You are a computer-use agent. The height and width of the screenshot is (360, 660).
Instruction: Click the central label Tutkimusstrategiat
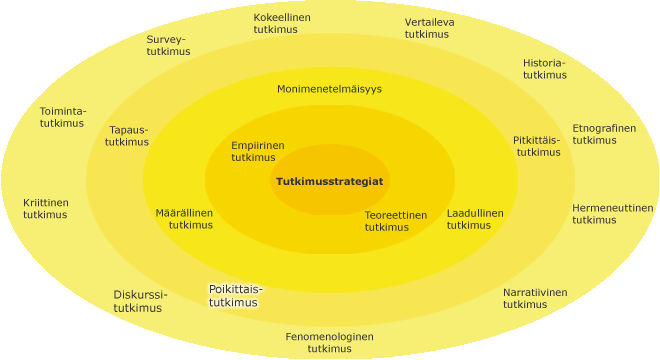[330, 181]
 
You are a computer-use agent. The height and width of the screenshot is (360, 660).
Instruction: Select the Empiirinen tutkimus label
[258, 152]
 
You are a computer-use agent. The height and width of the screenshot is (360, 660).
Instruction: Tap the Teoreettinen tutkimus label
[396, 221]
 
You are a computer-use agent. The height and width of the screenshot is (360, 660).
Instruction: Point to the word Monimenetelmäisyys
[329, 89]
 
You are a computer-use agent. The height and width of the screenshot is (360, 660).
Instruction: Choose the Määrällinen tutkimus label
[184, 219]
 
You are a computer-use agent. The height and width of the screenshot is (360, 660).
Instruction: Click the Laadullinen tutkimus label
[475, 219]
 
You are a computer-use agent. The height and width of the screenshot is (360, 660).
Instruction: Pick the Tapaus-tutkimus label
[127, 136]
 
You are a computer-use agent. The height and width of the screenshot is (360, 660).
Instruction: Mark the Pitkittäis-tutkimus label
[537, 146]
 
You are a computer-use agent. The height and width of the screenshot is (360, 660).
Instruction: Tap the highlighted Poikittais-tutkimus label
[236, 296]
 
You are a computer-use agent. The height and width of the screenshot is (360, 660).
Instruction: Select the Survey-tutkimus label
[168, 45]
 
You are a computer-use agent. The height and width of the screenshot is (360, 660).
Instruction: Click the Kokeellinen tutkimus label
[282, 24]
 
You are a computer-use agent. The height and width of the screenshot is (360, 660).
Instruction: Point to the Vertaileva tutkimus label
[429, 28]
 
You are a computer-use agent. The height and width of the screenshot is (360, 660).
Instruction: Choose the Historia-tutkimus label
[545, 69]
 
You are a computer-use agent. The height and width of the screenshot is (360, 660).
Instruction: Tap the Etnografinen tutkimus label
[604, 134]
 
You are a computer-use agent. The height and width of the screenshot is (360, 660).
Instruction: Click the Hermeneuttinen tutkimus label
[613, 214]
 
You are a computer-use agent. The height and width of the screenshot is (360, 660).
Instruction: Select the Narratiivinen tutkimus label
[535, 299]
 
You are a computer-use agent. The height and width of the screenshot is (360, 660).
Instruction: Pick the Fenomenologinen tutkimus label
[330, 343]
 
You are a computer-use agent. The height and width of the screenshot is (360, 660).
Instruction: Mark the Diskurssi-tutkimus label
[140, 301]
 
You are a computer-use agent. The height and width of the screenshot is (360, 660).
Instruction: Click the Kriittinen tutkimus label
[45, 209]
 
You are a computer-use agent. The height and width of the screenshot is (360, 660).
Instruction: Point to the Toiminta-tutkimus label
[63, 117]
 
